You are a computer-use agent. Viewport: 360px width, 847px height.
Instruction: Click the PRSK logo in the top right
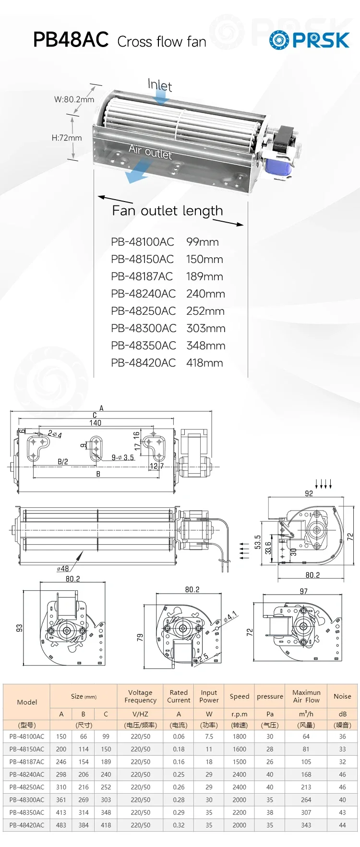tap(309, 40)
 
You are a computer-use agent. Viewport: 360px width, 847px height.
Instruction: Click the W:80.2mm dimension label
tap(74, 99)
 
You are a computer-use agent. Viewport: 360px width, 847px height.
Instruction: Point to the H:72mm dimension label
tap(67, 138)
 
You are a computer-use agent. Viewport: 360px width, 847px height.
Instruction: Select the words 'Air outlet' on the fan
tap(150, 152)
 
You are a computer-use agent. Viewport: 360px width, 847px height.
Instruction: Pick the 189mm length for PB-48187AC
tap(204, 276)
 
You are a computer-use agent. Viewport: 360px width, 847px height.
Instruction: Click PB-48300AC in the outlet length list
tap(144, 328)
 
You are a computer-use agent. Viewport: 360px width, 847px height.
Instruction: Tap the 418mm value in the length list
tap(204, 363)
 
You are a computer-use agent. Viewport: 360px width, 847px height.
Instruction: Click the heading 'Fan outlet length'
tap(168, 211)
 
